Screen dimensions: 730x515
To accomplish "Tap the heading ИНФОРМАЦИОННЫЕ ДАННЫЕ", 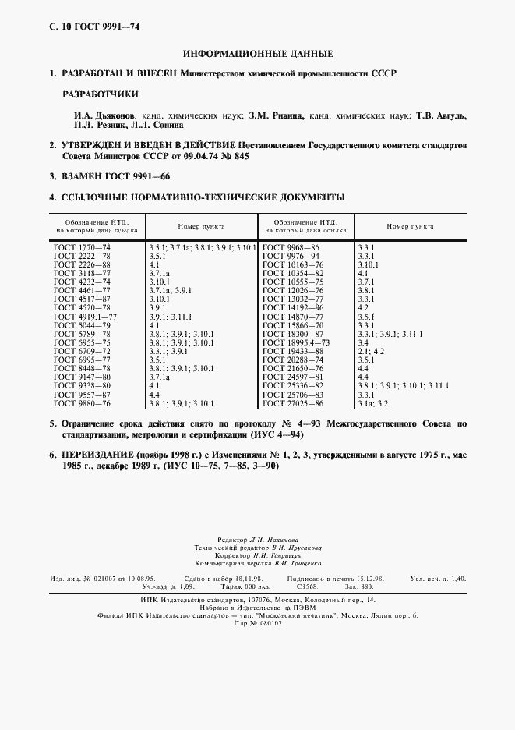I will (x=257, y=54).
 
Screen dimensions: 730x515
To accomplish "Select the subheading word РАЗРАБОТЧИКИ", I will (x=101, y=94).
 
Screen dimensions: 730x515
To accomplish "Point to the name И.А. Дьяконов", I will (x=96, y=115).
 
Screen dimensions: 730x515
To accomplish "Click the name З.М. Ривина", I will (x=277, y=115).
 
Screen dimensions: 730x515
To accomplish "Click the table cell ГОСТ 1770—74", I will (x=83, y=247).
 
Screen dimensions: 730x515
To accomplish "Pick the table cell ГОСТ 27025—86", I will (x=292, y=404).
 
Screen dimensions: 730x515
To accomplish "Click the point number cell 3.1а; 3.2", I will (x=372, y=404).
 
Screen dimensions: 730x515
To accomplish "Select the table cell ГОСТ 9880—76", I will (x=83, y=404).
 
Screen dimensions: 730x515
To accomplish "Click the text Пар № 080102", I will (x=257, y=623).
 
